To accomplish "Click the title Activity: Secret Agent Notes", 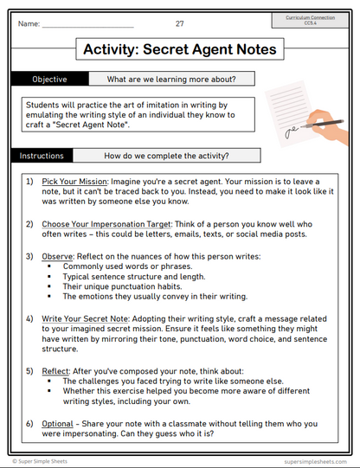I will tap(179, 49).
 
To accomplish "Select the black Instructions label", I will tap(41, 157).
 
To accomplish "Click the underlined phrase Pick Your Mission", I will tap(75, 183).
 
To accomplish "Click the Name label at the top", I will tap(29, 23).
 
